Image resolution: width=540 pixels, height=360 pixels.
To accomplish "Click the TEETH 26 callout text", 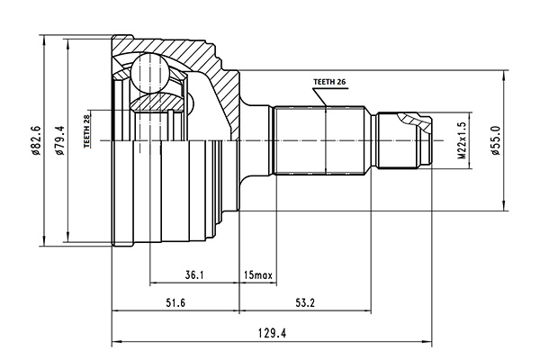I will pos(329,82).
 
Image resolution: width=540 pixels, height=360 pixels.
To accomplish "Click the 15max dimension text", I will pos(258,274).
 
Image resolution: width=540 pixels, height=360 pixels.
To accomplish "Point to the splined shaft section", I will pos(319,141).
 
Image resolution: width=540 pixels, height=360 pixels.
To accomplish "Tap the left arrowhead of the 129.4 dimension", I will pos(114,343).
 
